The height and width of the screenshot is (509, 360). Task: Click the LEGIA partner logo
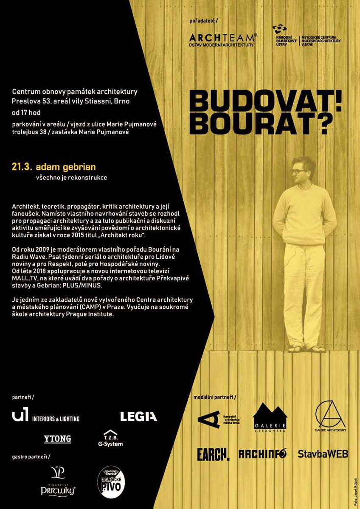click(138, 417)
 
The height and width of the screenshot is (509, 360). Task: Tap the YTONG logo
click(57, 439)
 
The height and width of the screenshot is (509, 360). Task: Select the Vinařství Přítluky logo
click(58, 481)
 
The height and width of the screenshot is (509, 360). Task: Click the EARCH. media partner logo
click(213, 454)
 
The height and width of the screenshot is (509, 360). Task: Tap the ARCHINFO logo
click(262, 454)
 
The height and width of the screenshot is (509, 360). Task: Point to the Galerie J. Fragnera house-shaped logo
click(270, 417)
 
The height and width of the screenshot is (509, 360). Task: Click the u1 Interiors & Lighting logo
click(46, 416)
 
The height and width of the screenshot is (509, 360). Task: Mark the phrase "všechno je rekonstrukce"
click(71, 178)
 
